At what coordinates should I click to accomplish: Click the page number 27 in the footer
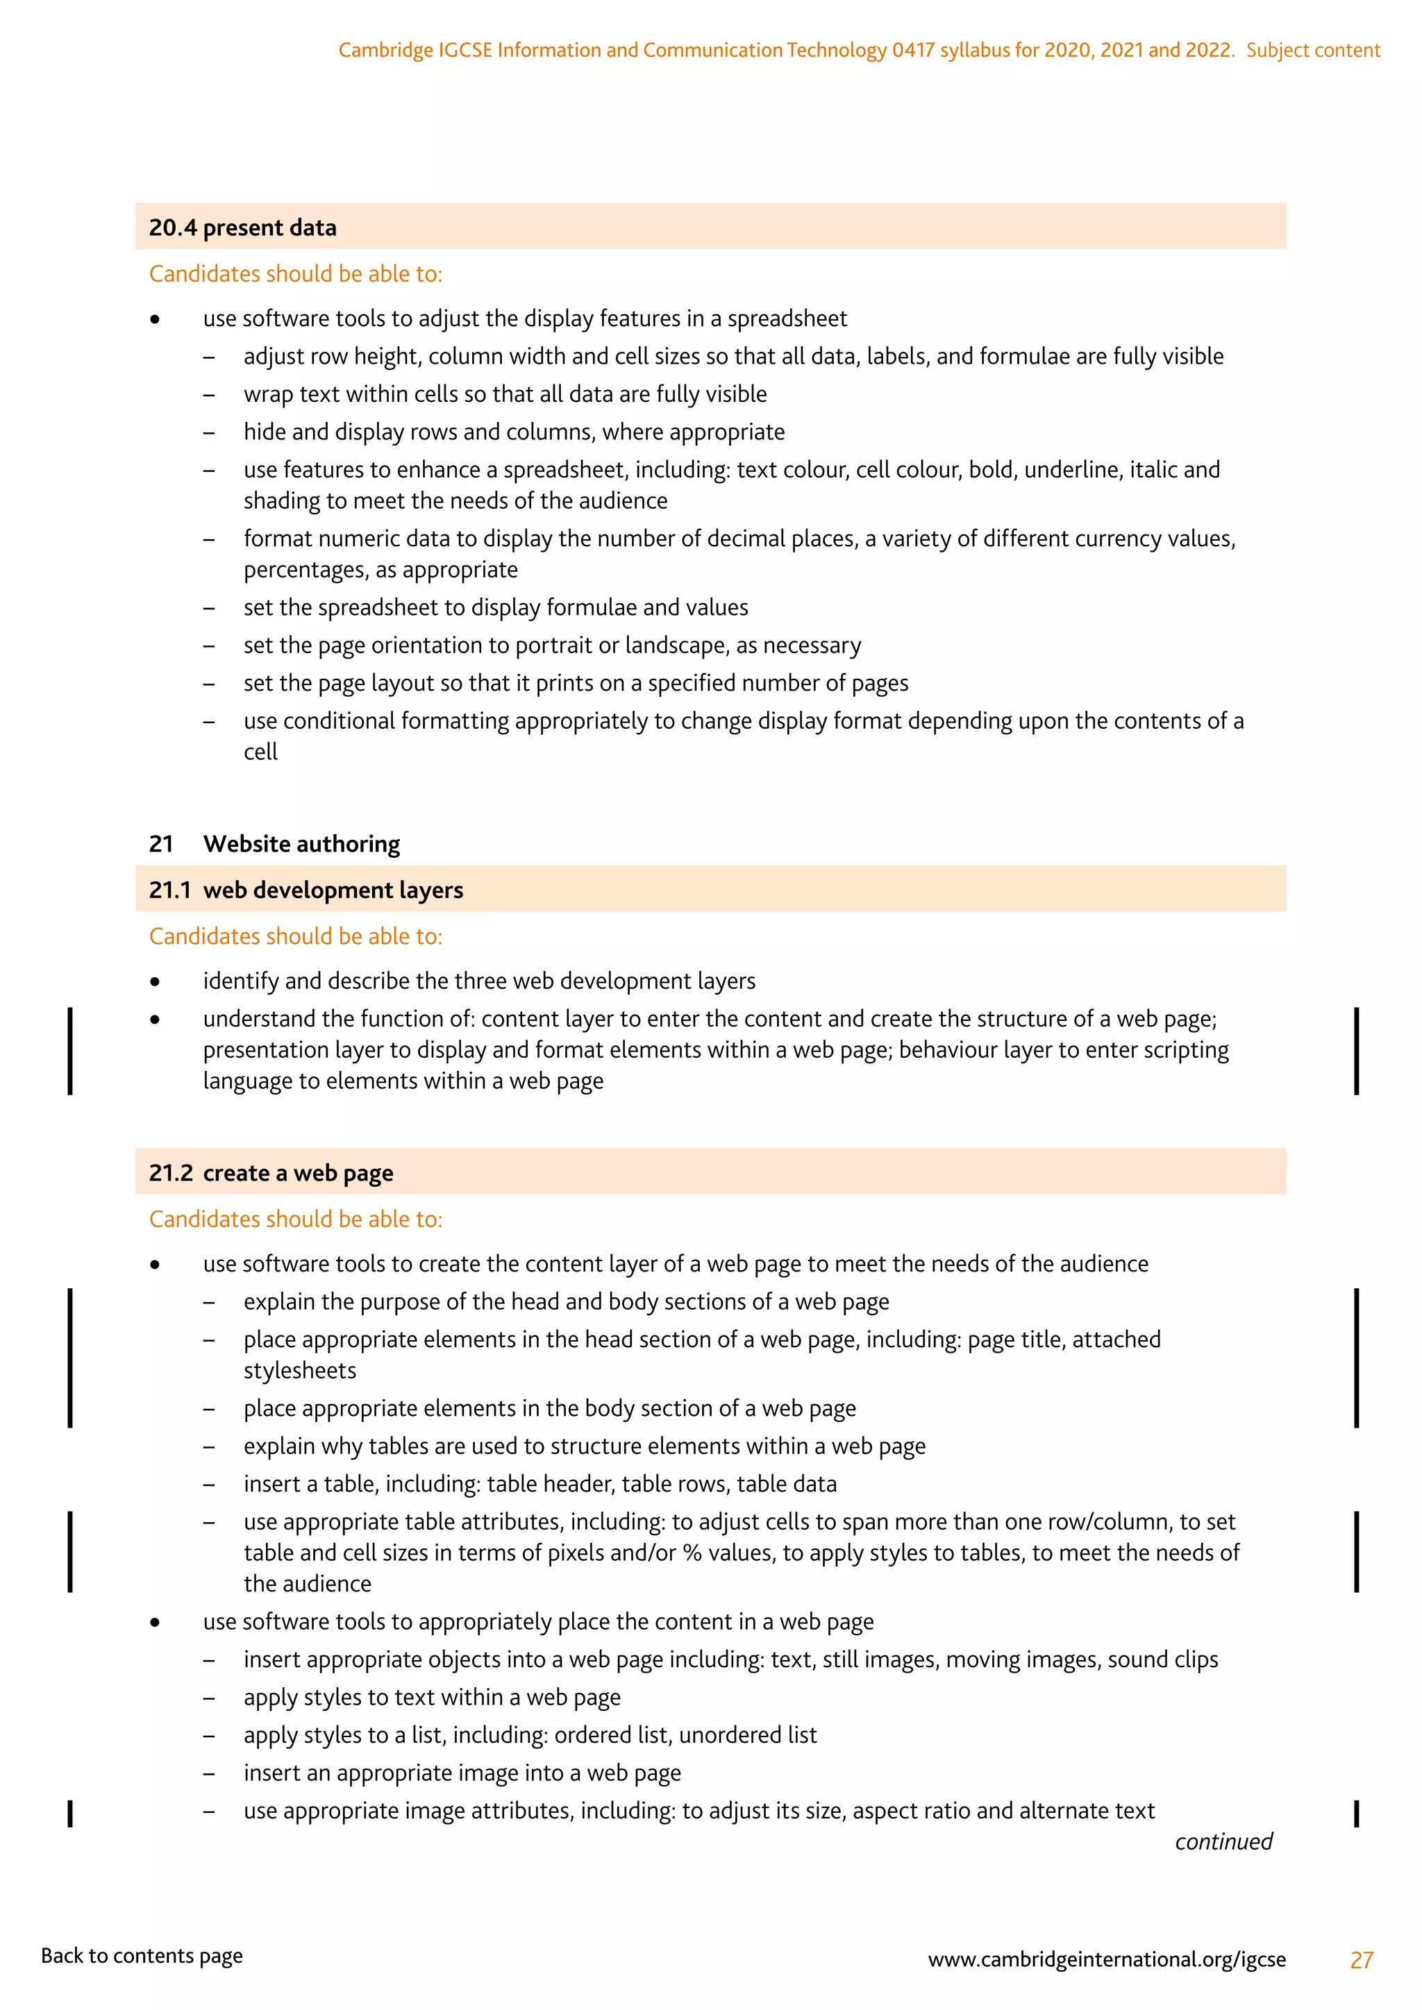(1361, 1960)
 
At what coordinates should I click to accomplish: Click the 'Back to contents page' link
(142, 1956)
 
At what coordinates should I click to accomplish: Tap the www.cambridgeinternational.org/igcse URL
(1106, 1959)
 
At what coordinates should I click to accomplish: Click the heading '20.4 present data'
(242, 228)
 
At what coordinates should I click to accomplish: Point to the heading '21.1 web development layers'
(306, 890)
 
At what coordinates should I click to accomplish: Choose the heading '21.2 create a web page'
(271, 1173)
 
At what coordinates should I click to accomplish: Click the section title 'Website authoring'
(301, 844)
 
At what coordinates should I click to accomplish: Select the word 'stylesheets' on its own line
(299, 1370)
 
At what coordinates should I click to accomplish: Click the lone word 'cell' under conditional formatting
(260, 752)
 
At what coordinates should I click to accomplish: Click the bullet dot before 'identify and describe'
(155, 981)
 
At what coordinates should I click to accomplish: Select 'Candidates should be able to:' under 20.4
(295, 274)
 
